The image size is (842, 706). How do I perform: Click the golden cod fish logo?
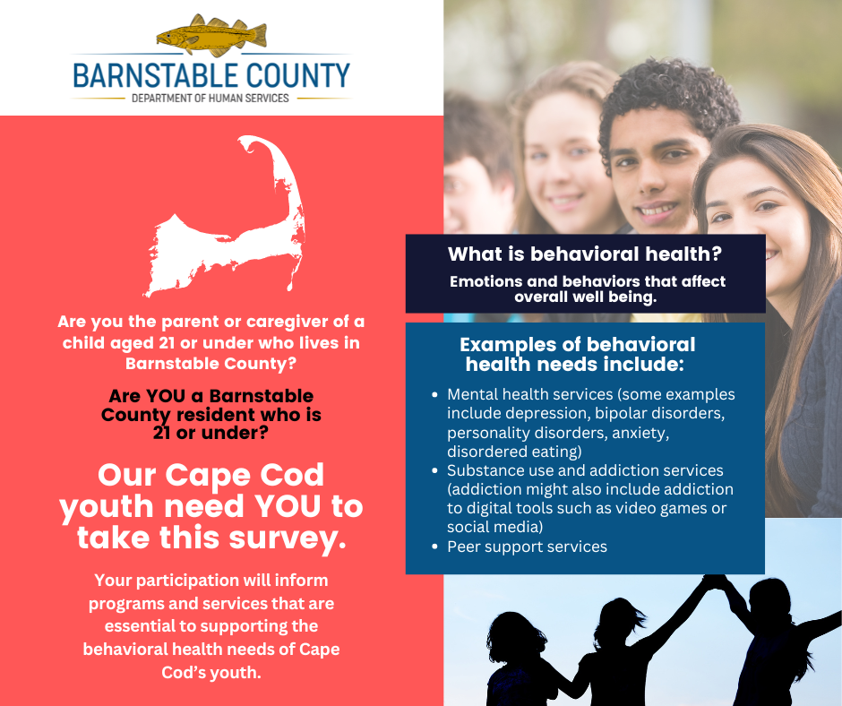click(x=211, y=35)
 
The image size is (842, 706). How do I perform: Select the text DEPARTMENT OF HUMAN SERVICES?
click(x=210, y=99)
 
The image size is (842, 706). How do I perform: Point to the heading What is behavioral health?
click(x=585, y=254)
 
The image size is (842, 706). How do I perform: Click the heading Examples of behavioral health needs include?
click(x=576, y=354)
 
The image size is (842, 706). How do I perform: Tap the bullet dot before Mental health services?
click(x=435, y=395)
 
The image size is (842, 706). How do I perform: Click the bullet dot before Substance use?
click(x=435, y=470)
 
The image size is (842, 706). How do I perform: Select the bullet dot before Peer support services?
click(x=435, y=547)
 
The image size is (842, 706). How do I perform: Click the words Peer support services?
click(x=527, y=547)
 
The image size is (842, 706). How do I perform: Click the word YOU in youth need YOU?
click(x=288, y=507)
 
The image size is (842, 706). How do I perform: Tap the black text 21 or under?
click(x=210, y=433)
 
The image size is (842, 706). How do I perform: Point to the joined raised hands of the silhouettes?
click(x=716, y=581)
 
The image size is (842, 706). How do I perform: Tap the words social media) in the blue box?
click(x=495, y=527)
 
